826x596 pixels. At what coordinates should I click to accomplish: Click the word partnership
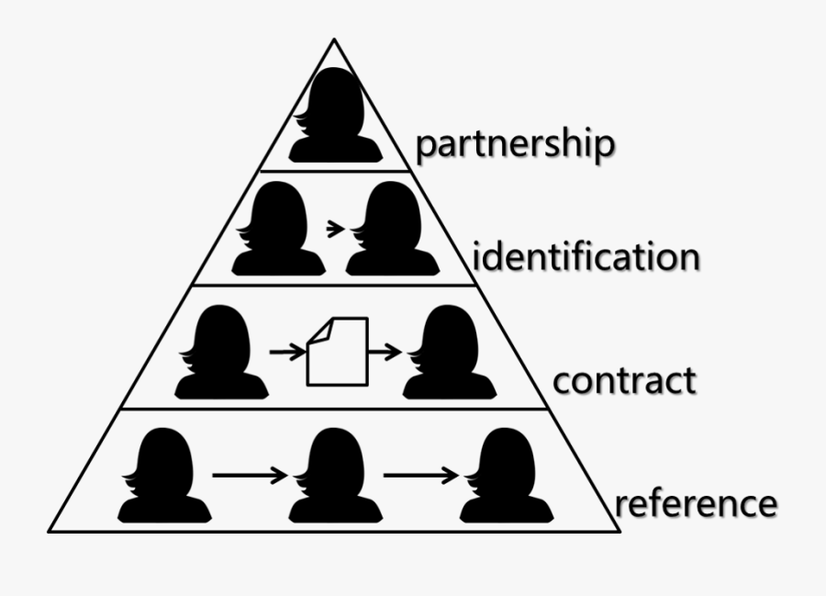(x=514, y=145)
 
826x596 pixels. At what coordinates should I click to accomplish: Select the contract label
(x=624, y=379)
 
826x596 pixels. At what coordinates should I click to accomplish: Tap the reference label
(x=696, y=503)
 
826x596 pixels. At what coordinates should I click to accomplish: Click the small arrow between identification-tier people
(x=336, y=226)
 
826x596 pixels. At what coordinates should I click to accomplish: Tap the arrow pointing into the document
(x=287, y=351)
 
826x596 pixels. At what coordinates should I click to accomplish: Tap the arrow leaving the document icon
(x=384, y=351)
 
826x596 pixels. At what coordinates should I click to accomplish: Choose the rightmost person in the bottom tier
(x=506, y=478)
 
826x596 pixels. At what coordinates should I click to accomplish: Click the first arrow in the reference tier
(x=250, y=475)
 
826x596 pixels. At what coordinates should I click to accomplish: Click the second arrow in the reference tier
(x=420, y=475)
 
